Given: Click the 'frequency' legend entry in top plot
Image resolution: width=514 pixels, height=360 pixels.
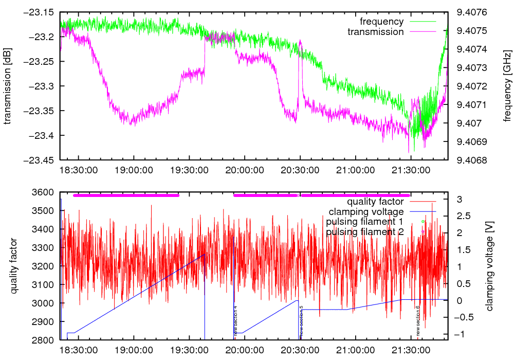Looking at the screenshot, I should click(381, 22).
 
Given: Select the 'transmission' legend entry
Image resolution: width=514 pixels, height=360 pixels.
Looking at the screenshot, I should click(375, 32).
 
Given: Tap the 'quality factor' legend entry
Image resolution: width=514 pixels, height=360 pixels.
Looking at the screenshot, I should click(375, 202).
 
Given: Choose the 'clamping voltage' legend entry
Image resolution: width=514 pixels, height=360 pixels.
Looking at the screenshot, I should click(366, 211).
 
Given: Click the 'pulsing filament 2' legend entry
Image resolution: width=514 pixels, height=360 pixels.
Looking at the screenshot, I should click(364, 232).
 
